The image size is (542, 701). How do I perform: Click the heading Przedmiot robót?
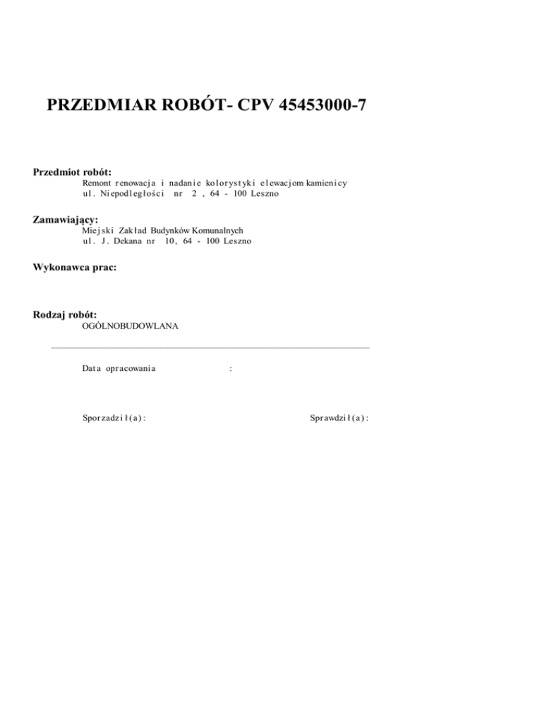point(73,171)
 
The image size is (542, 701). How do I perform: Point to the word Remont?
point(97,183)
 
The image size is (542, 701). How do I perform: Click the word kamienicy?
point(326,183)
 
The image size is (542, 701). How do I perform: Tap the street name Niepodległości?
point(132,193)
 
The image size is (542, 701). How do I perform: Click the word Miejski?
point(95,230)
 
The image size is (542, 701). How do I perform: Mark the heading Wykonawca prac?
point(75,267)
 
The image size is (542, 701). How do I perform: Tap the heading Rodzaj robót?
point(65,315)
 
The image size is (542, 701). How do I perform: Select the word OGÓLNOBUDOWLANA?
point(130,326)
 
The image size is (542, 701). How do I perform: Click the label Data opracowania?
point(119,369)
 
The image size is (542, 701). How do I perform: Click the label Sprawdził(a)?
point(340,418)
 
